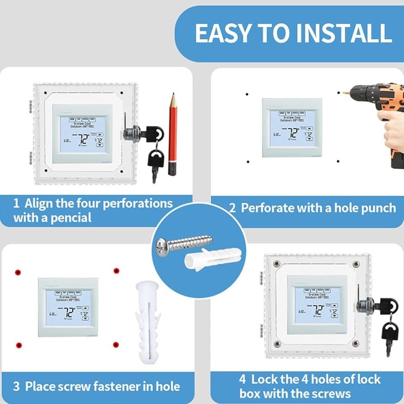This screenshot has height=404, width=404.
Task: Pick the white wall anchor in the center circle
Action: click(x=207, y=261)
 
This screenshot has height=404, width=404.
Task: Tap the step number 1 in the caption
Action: click(x=16, y=204)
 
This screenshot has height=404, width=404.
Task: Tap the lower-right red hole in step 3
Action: click(x=116, y=344)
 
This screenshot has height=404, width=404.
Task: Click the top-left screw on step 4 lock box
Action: click(x=277, y=264)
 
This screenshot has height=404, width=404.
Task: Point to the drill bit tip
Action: click(x=345, y=94)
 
